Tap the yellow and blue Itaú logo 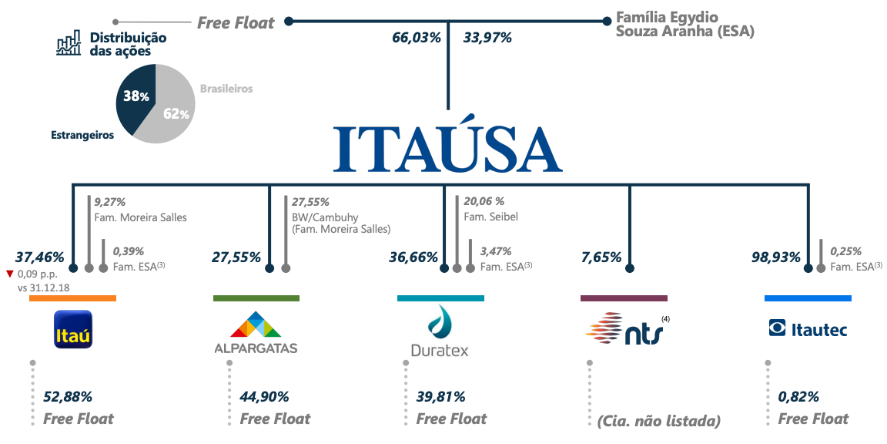coord(72,329)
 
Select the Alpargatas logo coord(256,332)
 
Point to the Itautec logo coord(808,328)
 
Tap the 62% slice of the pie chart coord(169,103)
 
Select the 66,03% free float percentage coord(417,38)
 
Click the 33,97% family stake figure coord(487,38)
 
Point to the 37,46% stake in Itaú coord(39,257)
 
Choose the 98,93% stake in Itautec coord(775,257)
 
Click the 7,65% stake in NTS coord(601,257)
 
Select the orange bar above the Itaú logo coord(72,298)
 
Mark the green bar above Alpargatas coord(256,298)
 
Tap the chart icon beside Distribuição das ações coord(69,44)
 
